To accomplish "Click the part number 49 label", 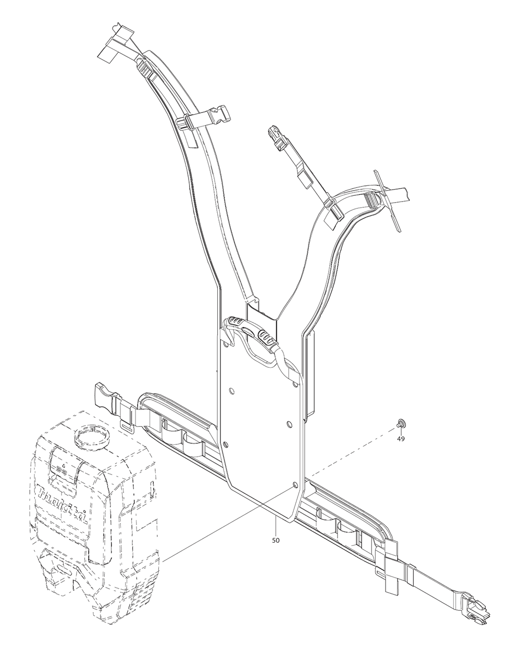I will click(x=401, y=439).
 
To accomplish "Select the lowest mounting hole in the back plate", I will click(x=296, y=484).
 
